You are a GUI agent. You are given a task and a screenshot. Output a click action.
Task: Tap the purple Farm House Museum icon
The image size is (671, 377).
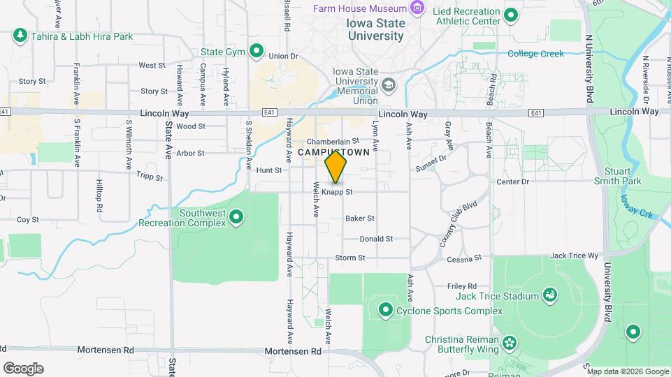coord(418,8)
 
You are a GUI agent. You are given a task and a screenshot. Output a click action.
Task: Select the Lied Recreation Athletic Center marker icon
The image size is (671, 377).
coord(511,15)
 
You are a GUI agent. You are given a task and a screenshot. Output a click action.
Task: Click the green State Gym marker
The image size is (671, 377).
coord(257,51)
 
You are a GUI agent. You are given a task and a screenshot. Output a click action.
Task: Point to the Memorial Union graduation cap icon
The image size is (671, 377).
coord(389,85)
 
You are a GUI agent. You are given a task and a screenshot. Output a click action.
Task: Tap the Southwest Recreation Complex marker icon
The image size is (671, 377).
coord(236,218)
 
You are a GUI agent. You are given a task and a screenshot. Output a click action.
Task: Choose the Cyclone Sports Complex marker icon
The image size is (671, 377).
coord(385,309)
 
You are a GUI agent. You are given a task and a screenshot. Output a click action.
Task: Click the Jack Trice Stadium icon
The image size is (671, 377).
coord(551,295)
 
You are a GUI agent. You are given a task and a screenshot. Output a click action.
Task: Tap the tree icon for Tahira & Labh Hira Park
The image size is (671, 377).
coord(20,35)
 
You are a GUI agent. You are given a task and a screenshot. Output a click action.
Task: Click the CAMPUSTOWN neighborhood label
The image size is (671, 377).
coord(333,152)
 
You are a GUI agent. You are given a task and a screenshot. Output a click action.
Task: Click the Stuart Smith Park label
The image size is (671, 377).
coord(621,176)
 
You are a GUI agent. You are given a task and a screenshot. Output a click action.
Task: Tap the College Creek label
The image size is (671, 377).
coord(535,54)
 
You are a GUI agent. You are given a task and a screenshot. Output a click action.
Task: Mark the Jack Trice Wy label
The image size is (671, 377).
coord(575,256)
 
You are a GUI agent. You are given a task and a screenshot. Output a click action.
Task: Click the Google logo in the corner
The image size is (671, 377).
coord(23,369)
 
